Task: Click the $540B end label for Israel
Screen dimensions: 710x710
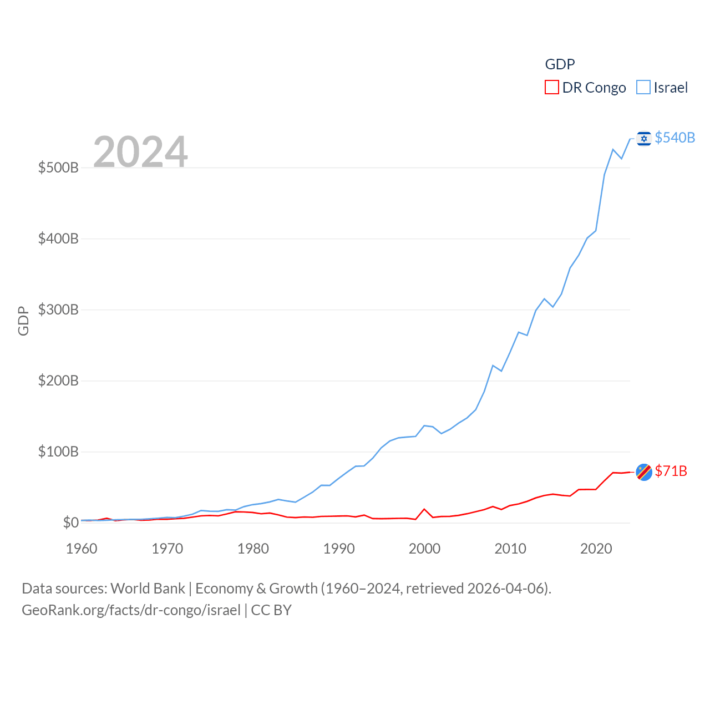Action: pyautogui.click(x=674, y=138)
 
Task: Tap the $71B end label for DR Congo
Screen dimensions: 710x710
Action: pyautogui.click(x=671, y=471)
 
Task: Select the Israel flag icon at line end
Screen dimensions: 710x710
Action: pyautogui.click(x=643, y=138)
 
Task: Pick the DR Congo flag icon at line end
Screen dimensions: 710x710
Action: pyautogui.click(x=643, y=471)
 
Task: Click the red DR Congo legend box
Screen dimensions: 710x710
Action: pyautogui.click(x=551, y=88)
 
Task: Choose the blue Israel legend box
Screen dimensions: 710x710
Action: pyautogui.click(x=643, y=88)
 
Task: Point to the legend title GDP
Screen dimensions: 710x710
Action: pyautogui.click(x=560, y=64)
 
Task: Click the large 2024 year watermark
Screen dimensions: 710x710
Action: pyautogui.click(x=140, y=151)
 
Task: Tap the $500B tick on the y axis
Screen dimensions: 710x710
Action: pyautogui.click(x=58, y=168)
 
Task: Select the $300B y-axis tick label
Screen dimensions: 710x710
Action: pyautogui.click(x=58, y=310)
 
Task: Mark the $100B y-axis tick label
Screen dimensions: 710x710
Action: pyautogui.click(x=58, y=452)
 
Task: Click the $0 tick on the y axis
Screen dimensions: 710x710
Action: pyautogui.click(x=70, y=523)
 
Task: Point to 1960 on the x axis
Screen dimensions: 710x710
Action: pyautogui.click(x=82, y=549)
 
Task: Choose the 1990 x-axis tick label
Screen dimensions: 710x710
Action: pyautogui.click(x=339, y=549)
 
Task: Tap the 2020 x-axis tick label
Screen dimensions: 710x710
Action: pyautogui.click(x=596, y=549)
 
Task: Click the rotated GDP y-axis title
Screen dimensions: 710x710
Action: pyautogui.click(x=23, y=321)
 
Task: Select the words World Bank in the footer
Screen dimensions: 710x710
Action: pyautogui.click(x=148, y=588)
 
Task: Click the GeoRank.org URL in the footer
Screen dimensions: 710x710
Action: pyautogui.click(x=131, y=610)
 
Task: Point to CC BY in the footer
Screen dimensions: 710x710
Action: pyautogui.click(x=271, y=610)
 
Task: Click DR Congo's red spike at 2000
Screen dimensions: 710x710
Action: pyautogui.click(x=424, y=509)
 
